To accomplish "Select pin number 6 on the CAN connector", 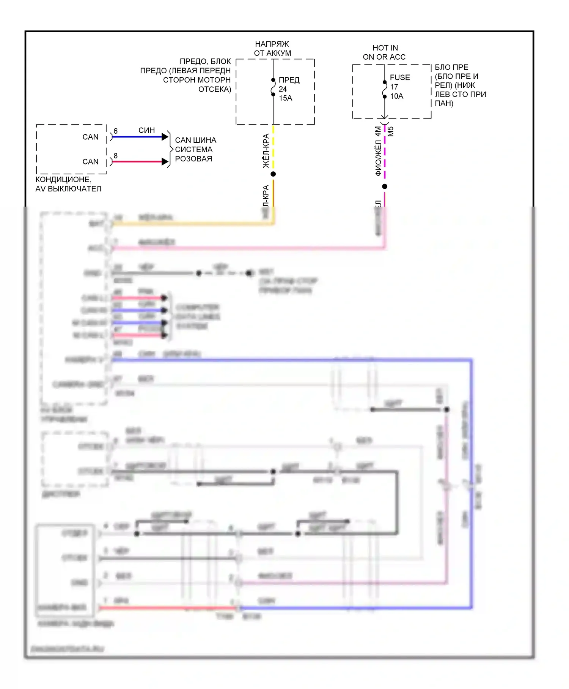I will pos(116,131).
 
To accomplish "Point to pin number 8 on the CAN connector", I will pos(116,156).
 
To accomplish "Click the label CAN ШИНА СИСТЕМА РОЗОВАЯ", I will pos(195,149).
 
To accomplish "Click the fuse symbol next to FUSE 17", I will pos(385,89).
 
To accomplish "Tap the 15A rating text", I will pos(286,98).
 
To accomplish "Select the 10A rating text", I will pos(397,96).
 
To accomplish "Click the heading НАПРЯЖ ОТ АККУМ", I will pos(272,49).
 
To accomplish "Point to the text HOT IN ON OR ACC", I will pos(384,52).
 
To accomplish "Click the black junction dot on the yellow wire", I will pos(273,174).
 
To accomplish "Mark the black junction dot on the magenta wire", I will pos(385,186).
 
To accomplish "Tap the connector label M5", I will pos(391,131).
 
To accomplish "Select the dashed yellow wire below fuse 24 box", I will pos(273,148).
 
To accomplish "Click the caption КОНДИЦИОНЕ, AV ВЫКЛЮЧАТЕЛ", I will pos(68,184).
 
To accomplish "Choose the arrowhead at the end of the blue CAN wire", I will pos(165,137).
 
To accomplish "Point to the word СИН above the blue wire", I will pos(146,130).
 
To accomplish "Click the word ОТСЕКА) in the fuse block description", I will pos(215,89).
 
